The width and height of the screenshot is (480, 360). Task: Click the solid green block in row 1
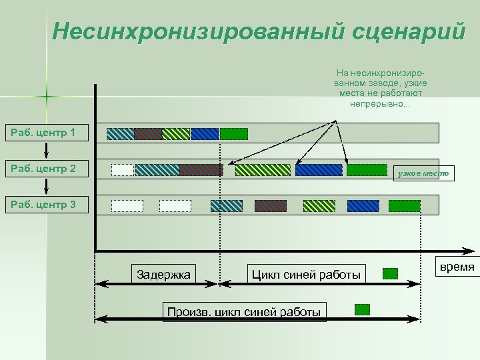[x=233, y=133]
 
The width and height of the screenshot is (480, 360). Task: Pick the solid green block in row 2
[x=367, y=169]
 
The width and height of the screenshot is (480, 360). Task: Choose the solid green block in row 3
[x=402, y=205]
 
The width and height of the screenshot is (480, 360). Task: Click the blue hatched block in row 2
[x=319, y=169]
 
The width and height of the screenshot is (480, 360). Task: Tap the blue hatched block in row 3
[x=363, y=205]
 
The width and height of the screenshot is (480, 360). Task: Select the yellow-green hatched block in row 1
[x=176, y=133]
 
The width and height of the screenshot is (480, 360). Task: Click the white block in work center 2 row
[x=123, y=169]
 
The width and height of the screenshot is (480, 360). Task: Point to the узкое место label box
[x=423, y=173]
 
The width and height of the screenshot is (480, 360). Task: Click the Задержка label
[x=163, y=274]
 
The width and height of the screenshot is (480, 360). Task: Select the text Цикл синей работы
[x=306, y=274]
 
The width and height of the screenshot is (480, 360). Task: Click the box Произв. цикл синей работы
[x=245, y=311]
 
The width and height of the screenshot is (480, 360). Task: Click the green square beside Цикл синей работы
[x=391, y=273]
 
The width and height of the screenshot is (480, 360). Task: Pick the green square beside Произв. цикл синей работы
[x=362, y=309]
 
